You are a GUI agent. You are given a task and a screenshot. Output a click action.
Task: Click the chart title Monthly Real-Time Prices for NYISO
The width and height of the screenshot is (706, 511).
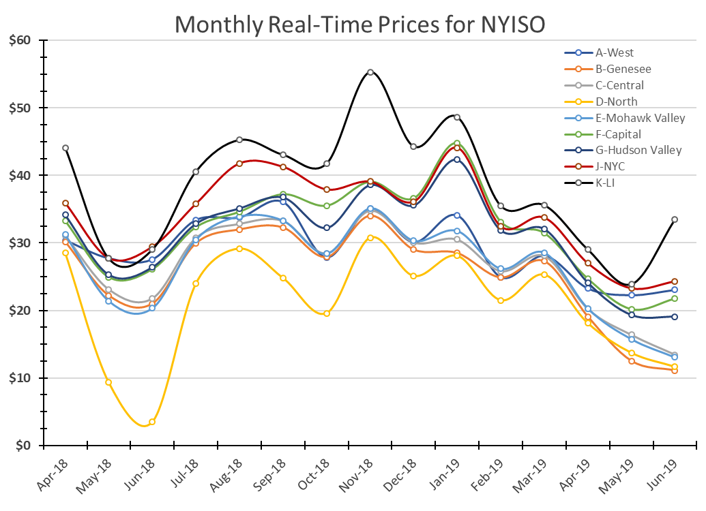click(360, 25)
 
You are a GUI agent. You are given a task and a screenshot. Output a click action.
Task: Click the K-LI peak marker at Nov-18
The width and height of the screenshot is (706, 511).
click(370, 72)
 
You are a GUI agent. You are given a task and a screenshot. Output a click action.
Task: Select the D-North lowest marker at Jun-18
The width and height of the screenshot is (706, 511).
click(152, 422)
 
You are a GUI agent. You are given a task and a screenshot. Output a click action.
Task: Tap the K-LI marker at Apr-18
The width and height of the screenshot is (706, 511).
click(65, 148)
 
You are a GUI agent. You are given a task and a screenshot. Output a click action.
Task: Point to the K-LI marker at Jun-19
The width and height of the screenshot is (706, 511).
click(675, 219)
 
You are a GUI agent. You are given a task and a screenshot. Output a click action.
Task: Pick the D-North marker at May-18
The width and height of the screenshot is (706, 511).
click(108, 382)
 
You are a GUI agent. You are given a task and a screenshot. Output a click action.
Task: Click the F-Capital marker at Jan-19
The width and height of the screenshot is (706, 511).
click(457, 144)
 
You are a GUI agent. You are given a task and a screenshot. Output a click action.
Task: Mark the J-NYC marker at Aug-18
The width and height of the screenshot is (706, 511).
click(239, 164)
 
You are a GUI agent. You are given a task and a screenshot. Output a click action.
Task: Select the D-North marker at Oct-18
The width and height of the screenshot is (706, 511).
click(327, 313)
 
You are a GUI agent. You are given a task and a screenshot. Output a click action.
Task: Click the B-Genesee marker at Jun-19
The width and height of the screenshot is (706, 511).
click(675, 370)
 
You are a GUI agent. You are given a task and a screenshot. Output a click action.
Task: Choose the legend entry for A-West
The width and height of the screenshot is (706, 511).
click(614, 52)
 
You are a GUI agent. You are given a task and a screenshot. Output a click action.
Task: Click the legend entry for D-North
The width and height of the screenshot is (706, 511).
click(616, 102)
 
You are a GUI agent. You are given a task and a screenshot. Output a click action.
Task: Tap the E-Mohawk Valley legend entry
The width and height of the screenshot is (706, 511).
click(639, 118)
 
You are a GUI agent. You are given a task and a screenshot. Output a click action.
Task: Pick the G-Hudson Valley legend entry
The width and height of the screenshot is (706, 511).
click(638, 151)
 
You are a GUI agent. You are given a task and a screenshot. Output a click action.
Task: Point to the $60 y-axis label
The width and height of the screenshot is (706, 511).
click(20, 40)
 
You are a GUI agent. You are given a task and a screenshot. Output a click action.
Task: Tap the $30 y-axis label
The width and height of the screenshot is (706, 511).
click(20, 243)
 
